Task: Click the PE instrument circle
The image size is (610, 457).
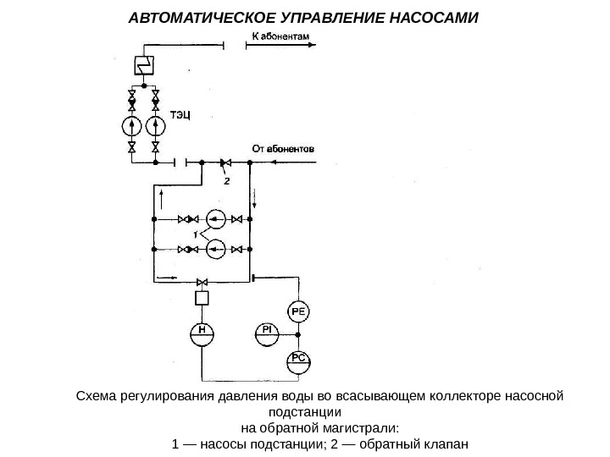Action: [x=299, y=312]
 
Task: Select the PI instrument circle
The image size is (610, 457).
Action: [x=266, y=330]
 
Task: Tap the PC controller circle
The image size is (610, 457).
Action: [x=299, y=360]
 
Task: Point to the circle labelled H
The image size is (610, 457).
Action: [x=202, y=332]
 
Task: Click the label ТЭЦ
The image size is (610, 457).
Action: [x=181, y=114]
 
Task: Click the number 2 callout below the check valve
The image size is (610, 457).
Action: [x=226, y=179]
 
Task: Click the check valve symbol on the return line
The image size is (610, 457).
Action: [x=226, y=162]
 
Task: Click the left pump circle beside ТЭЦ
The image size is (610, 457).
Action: [x=132, y=126]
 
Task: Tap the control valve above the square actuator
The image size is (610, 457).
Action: [x=202, y=281]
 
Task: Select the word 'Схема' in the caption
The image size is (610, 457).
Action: [x=97, y=395]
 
